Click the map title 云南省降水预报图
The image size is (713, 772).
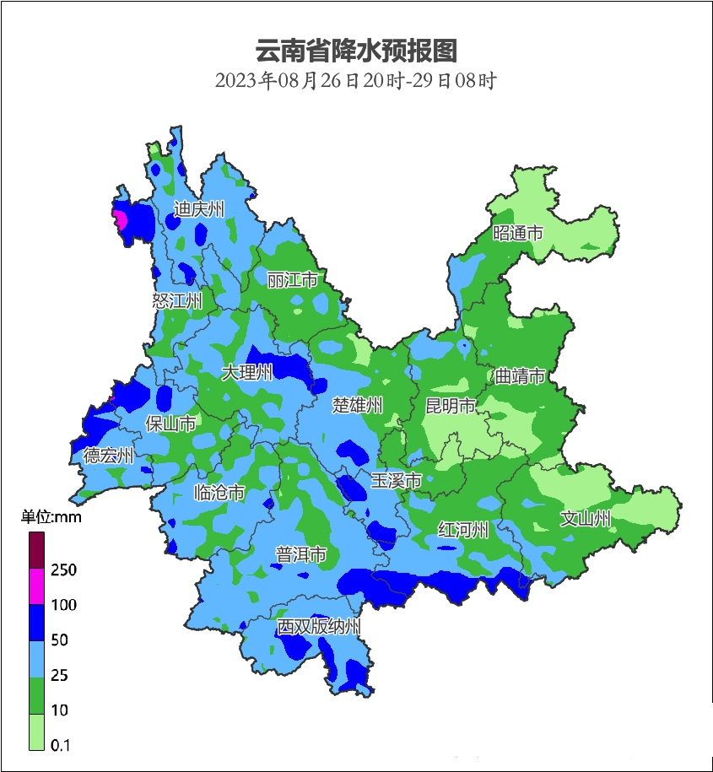(x=355, y=51)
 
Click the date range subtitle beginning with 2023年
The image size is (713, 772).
(x=355, y=82)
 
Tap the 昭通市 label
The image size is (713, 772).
(x=518, y=234)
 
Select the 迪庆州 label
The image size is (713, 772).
(x=199, y=209)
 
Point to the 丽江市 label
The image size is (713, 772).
(x=292, y=279)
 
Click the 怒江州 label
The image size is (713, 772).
(x=177, y=301)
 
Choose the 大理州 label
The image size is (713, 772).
(x=246, y=372)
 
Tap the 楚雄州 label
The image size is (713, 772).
(x=357, y=406)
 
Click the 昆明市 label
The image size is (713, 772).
(x=451, y=407)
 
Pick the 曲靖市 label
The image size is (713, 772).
(x=520, y=376)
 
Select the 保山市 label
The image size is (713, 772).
(x=171, y=424)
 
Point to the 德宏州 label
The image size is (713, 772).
(x=108, y=456)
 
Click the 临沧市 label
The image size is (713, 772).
(x=219, y=493)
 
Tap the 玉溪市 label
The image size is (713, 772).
(x=397, y=481)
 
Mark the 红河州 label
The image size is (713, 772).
(x=463, y=530)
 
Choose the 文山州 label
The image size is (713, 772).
(x=586, y=519)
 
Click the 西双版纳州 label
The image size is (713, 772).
(x=320, y=627)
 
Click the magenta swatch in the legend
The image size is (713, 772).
(x=36, y=586)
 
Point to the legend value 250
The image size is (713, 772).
(x=63, y=570)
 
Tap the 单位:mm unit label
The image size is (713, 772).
(x=51, y=517)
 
